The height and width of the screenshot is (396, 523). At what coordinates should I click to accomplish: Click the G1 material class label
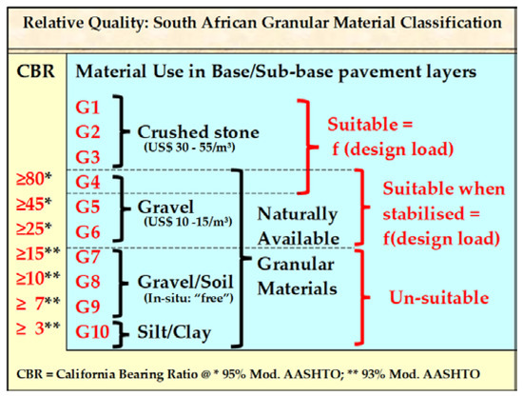pos(87,108)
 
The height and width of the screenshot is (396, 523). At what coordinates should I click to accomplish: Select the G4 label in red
pos(87,182)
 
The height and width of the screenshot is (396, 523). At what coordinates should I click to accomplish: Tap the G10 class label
pos(92,331)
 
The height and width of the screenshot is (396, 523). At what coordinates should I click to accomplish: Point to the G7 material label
pos(87,257)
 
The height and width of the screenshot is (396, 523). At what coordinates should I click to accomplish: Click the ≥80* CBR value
pos(33,179)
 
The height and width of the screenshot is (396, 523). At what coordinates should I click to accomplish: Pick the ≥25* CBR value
pos(33,228)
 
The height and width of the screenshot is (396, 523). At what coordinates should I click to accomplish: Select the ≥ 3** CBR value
pos(38,328)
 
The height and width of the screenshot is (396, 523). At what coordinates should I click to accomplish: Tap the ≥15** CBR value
pos(38,253)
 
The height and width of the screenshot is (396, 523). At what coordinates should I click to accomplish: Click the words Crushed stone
pos(198,132)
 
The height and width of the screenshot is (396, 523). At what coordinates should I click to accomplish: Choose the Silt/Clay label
pos(174,332)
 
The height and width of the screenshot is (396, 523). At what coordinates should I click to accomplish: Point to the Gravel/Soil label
pos(185,282)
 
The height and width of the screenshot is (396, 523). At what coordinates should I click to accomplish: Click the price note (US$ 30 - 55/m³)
pos(189,147)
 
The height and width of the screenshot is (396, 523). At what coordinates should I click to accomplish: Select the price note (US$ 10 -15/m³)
pos(187,222)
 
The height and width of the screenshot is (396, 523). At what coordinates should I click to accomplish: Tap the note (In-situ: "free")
pos(188,298)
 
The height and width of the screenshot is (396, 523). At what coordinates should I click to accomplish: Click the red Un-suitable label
pos(439,297)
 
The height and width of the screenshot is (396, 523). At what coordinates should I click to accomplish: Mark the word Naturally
pos(298,214)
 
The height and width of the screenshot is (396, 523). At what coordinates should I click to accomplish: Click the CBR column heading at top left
pos(36,71)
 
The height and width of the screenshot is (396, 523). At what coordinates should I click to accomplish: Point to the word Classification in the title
pos(451,23)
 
